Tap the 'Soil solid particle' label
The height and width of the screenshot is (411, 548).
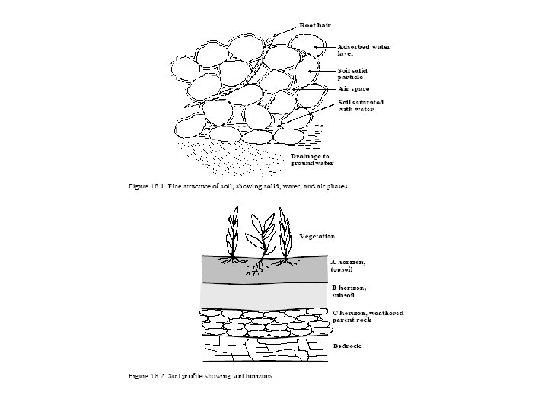355,74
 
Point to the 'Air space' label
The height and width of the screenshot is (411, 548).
353,88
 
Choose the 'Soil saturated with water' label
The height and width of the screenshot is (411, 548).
361,104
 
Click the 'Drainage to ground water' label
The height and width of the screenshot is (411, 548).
312,159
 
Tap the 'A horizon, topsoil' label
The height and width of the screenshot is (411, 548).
349,266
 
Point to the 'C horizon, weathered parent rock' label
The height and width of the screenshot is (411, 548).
368,317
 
